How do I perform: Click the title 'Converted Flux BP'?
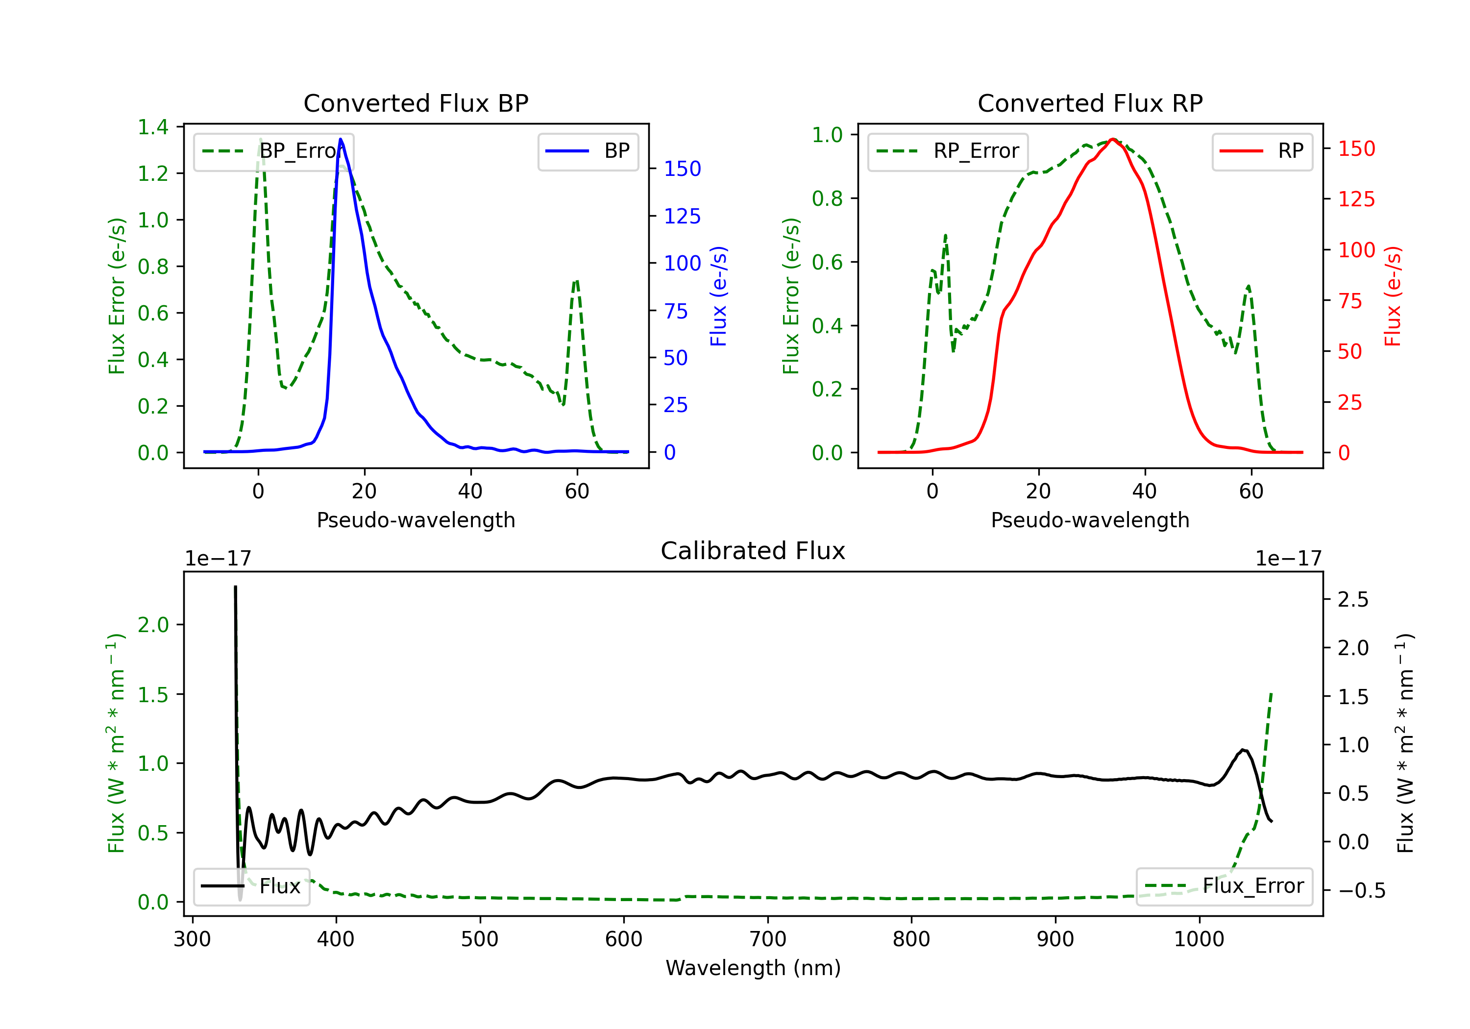[416, 103]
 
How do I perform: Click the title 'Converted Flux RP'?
[1090, 103]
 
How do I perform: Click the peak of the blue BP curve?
[341, 139]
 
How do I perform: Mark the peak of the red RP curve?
[1113, 139]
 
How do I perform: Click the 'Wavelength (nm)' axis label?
[753, 968]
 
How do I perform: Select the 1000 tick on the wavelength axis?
[1199, 939]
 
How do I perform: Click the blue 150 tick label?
[682, 169]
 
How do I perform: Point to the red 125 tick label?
[1356, 199]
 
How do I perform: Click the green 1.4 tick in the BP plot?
[153, 127]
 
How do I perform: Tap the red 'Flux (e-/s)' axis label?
[1393, 296]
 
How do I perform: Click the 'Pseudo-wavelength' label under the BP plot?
[416, 520]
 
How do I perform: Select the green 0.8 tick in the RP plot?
[827, 198]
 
